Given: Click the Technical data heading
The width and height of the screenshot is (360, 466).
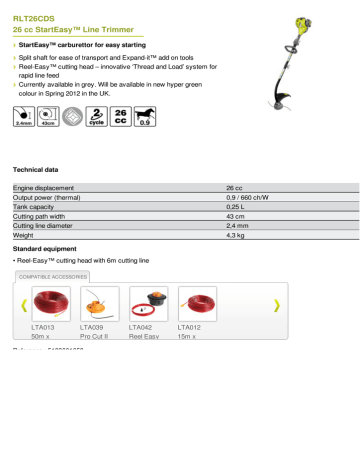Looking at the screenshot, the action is (x=39, y=173).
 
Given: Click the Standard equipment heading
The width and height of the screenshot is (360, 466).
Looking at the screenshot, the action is (x=49, y=247).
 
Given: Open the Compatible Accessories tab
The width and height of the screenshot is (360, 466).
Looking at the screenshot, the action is (x=51, y=276).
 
